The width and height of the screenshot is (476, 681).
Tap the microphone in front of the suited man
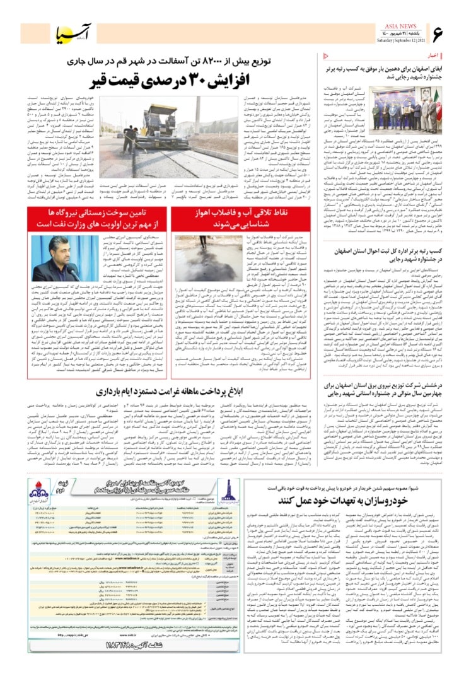pyautogui.click(x=71, y=268)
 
